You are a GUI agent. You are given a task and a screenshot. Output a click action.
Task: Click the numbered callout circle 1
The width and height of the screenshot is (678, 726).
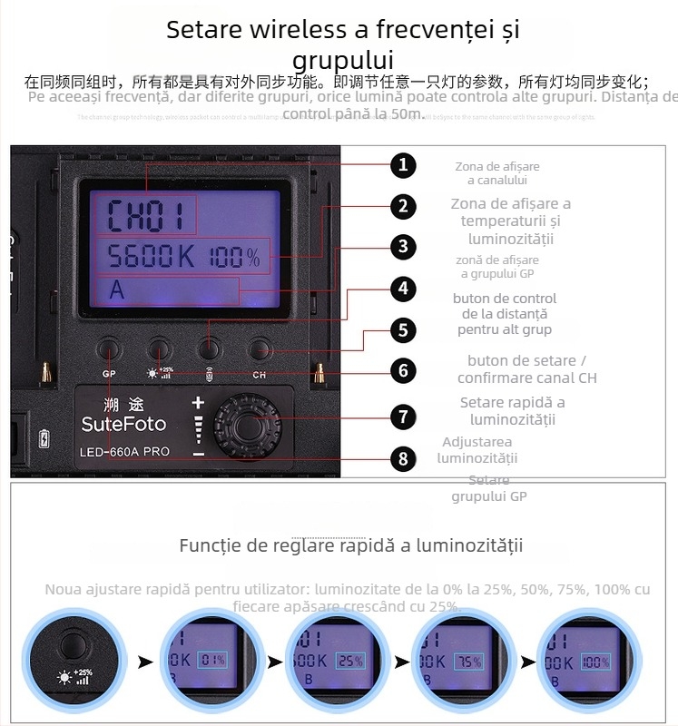pos(403,165)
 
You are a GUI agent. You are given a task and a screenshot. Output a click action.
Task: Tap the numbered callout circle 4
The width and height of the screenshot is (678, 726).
pos(403,289)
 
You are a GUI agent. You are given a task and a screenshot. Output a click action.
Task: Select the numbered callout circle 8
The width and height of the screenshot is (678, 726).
pos(403,458)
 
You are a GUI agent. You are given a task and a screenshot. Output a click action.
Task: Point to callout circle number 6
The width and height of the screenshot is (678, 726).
pos(403,370)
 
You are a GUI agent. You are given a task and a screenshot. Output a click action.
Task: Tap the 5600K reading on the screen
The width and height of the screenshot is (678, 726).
pos(151,257)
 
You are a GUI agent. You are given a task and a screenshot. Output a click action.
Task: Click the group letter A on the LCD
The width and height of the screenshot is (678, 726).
pos(116,291)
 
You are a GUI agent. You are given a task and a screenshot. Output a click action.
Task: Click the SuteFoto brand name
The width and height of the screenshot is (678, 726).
pos(123,424)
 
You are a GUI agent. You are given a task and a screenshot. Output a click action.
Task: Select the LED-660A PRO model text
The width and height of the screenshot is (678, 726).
pos(125,451)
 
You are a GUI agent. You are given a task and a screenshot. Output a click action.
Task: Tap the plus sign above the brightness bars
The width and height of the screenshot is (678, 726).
pos(199,402)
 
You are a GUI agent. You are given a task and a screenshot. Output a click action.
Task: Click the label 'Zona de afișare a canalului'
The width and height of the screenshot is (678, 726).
pos(496,173)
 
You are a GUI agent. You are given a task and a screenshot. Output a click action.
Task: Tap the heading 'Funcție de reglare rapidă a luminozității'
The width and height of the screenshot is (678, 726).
pos(350,545)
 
